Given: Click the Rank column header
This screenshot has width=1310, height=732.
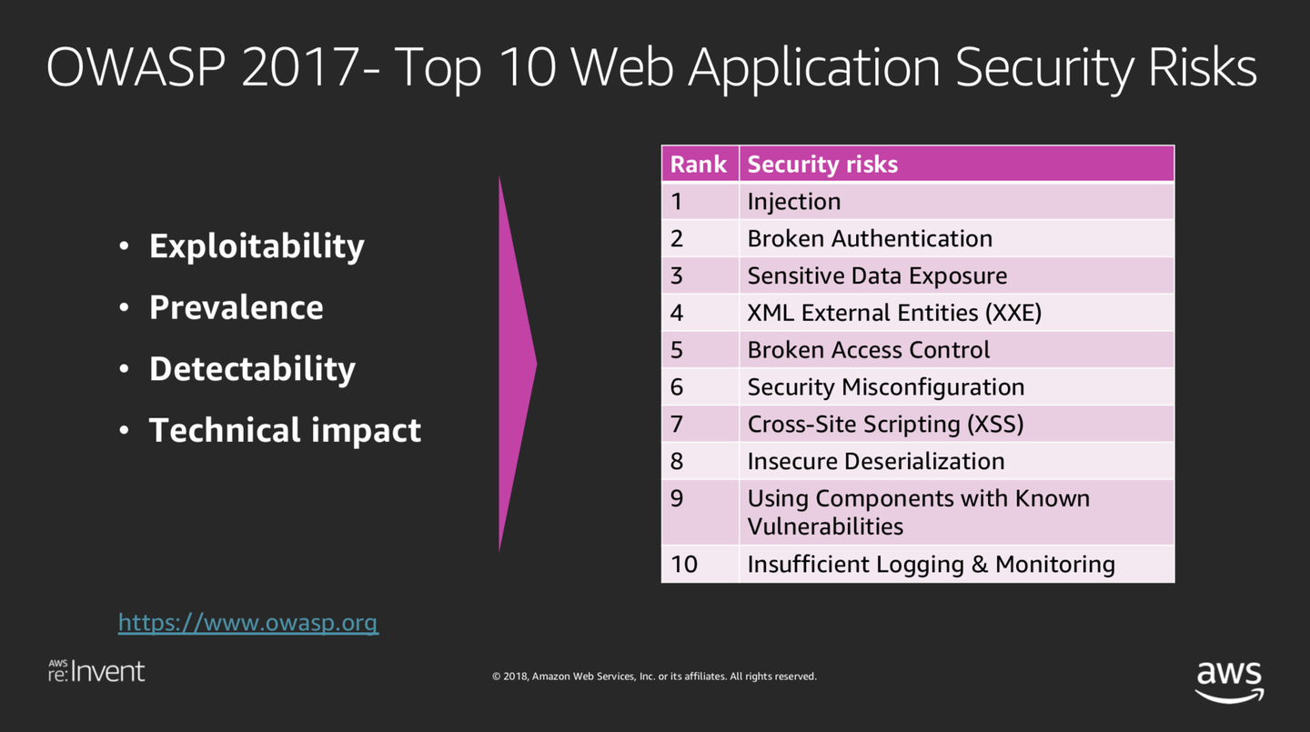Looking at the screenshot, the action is tap(700, 164).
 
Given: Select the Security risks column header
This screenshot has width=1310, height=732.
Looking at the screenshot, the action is tap(957, 164).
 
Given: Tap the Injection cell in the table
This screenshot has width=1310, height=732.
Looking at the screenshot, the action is tap(957, 201).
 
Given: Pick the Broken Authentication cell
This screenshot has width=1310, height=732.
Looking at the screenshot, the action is tap(957, 238).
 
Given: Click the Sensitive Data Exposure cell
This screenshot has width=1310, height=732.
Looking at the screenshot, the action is tap(957, 276).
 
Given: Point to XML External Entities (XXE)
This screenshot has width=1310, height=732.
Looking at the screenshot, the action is tap(894, 313).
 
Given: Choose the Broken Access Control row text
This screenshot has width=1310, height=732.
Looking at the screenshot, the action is tap(869, 349).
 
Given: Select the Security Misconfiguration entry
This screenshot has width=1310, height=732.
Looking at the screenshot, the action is tap(885, 387).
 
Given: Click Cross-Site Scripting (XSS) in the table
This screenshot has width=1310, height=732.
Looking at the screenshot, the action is tap(885, 424).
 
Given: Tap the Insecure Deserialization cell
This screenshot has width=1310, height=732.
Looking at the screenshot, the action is tap(957, 461).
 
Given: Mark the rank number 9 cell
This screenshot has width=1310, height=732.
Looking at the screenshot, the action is tap(700, 512).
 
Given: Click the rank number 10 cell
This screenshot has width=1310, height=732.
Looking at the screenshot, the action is tap(700, 564).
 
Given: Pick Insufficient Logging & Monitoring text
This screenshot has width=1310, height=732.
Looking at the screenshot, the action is tap(931, 564).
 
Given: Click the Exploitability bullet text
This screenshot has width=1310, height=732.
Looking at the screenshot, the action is tap(257, 246).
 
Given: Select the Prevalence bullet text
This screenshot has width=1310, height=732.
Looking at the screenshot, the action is tap(237, 307).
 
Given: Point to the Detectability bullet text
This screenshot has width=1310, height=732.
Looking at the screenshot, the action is tap(252, 369).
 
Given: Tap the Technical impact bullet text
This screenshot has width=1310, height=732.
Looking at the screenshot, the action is tap(285, 430).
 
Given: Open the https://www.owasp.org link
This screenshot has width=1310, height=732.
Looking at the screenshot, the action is tap(248, 623).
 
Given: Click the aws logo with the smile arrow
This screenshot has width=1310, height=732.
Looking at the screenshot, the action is tap(1229, 682).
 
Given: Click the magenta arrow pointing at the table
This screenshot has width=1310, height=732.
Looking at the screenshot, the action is tap(517, 364).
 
